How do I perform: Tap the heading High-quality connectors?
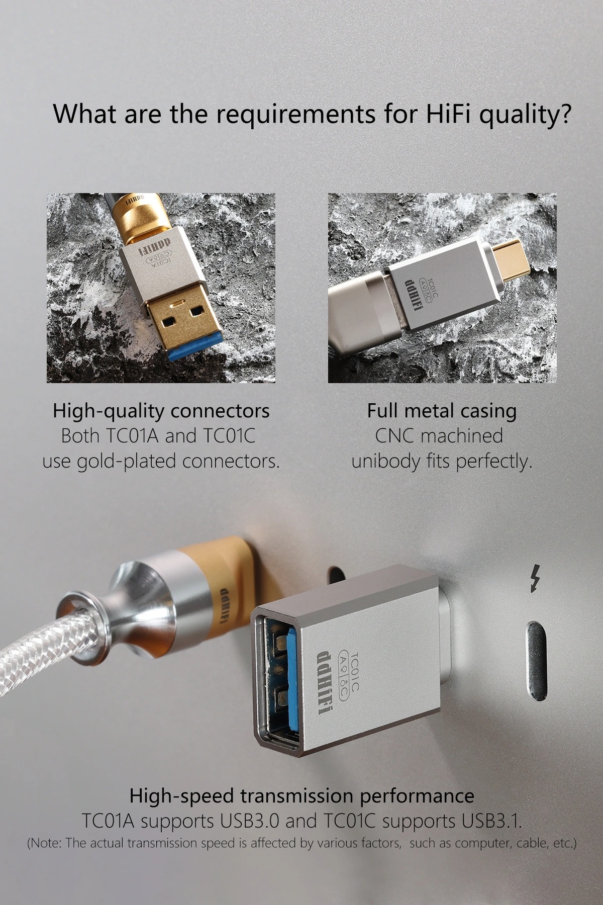tap(161, 411)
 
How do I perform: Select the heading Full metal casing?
tap(442, 411)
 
